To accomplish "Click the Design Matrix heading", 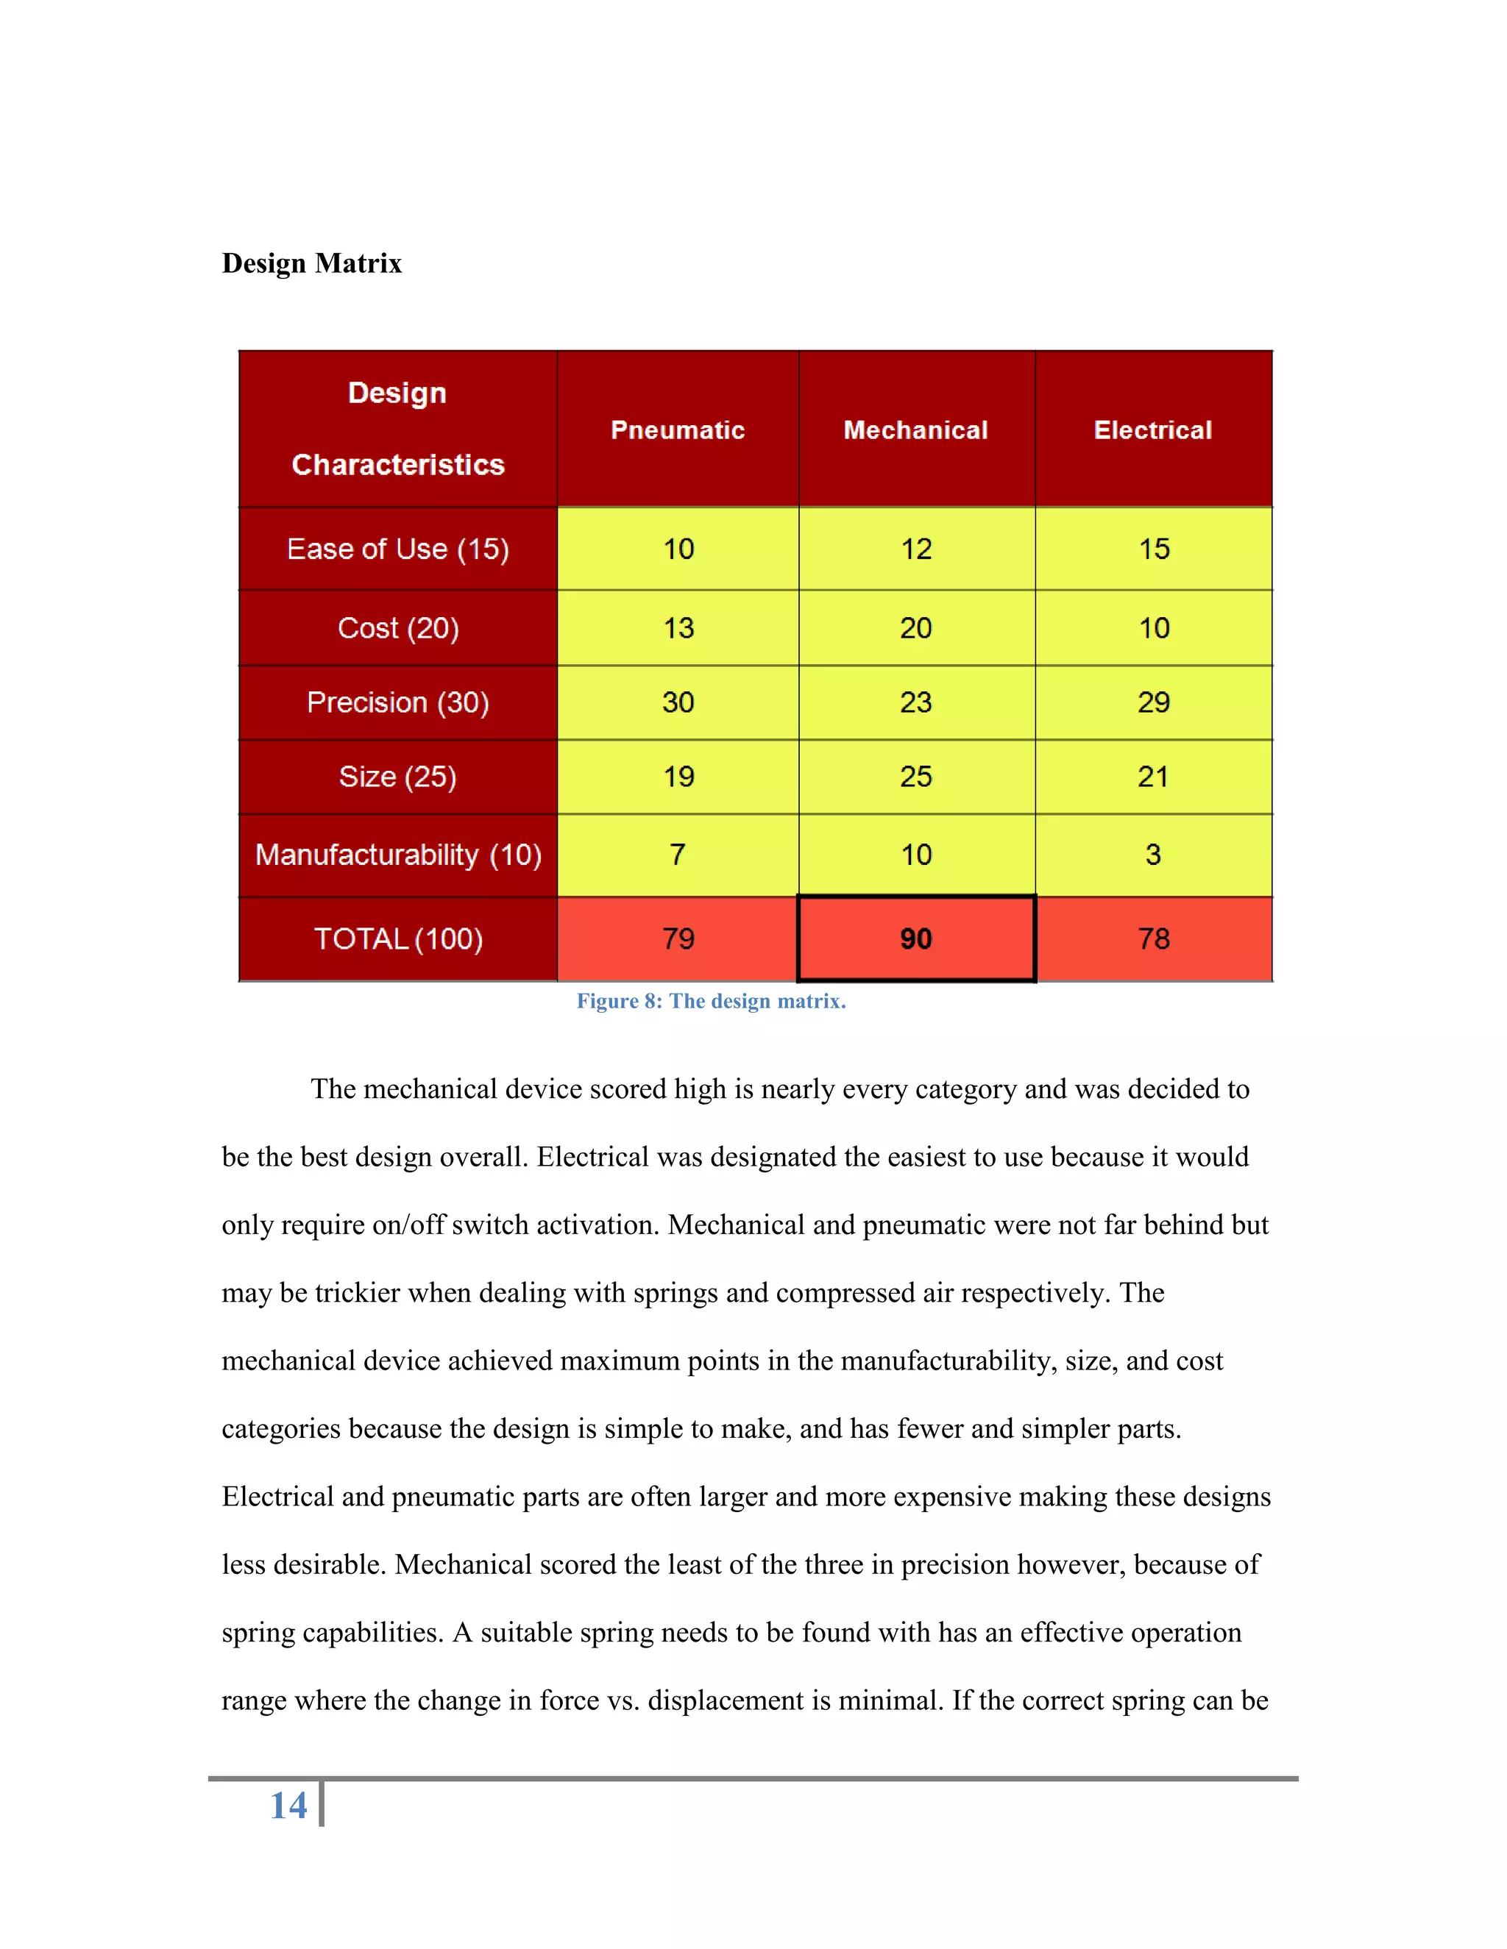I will coord(311,263).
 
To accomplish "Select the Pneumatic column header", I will coord(678,430).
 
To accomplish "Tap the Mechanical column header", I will coord(916,430).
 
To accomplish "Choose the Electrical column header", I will coord(1152,430).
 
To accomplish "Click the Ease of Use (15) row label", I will coord(398,549).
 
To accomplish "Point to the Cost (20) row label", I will coord(398,628).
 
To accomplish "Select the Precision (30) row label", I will coord(398,702).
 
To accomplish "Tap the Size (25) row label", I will coord(398,777).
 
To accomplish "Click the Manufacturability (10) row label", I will coord(398,855).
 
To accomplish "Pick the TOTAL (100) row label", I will coord(398,938).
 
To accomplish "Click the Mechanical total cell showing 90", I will coord(916,938).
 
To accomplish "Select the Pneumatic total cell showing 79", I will coord(678,938).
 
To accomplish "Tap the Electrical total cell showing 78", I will coord(1154,938).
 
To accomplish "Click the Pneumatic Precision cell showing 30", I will coord(678,702).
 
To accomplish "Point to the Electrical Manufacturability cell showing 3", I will coord(1154,855).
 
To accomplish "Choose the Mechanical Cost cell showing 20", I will coord(916,628).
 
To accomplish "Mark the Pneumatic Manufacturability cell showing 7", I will coord(678,855).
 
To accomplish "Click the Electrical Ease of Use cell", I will coord(1154,549).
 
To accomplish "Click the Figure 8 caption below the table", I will coord(711,1001).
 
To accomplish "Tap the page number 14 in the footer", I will coord(288,1806).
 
